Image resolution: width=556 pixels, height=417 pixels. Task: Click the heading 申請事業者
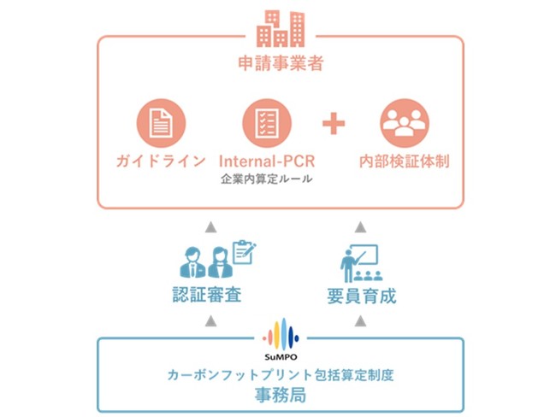280,65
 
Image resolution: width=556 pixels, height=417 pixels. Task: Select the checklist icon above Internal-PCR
266,125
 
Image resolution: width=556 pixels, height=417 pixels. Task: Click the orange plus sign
334,125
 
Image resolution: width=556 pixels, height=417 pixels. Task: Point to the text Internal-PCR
266,162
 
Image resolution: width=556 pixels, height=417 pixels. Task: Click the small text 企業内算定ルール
266,179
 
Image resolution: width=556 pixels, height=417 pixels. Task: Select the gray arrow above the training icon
360,227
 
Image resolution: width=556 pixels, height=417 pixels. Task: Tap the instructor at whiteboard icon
360,262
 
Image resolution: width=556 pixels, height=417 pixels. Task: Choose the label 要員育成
360,297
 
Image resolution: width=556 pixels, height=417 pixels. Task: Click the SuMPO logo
280,336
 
